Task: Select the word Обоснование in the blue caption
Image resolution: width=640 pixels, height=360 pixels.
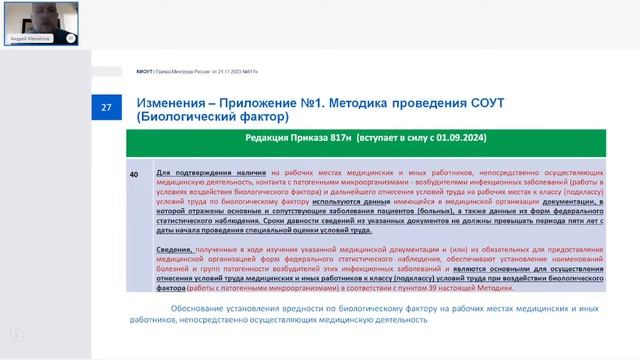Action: coord(200,308)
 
